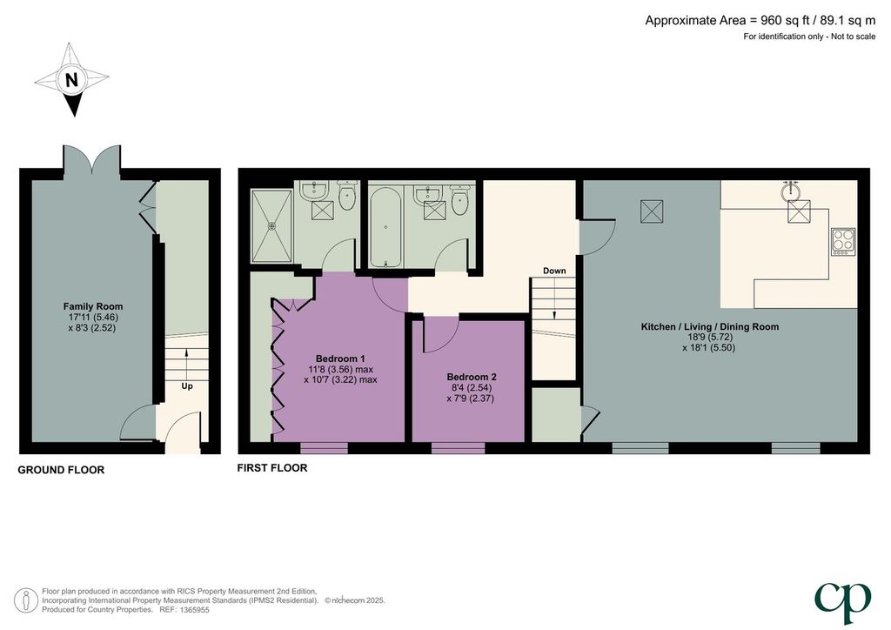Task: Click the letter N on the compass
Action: click(x=71, y=80)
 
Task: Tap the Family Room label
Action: click(x=92, y=306)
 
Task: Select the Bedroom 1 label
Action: click(x=340, y=359)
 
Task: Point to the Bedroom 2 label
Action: click(x=472, y=377)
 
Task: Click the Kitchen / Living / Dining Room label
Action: click(x=710, y=326)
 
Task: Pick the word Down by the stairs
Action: click(x=554, y=271)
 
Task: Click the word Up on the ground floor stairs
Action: click(x=187, y=386)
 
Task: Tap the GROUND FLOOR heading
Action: click(x=61, y=470)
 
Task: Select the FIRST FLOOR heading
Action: click(x=272, y=467)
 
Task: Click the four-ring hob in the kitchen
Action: click(x=843, y=241)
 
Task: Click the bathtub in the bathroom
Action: click(x=385, y=227)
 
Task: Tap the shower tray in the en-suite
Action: click(x=271, y=226)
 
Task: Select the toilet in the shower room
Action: click(x=346, y=196)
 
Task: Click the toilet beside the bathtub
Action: click(x=461, y=198)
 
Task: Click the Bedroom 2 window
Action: click(x=458, y=447)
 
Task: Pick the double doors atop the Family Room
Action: click(x=92, y=159)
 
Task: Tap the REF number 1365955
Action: click(x=194, y=609)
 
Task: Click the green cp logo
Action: click(x=842, y=602)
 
